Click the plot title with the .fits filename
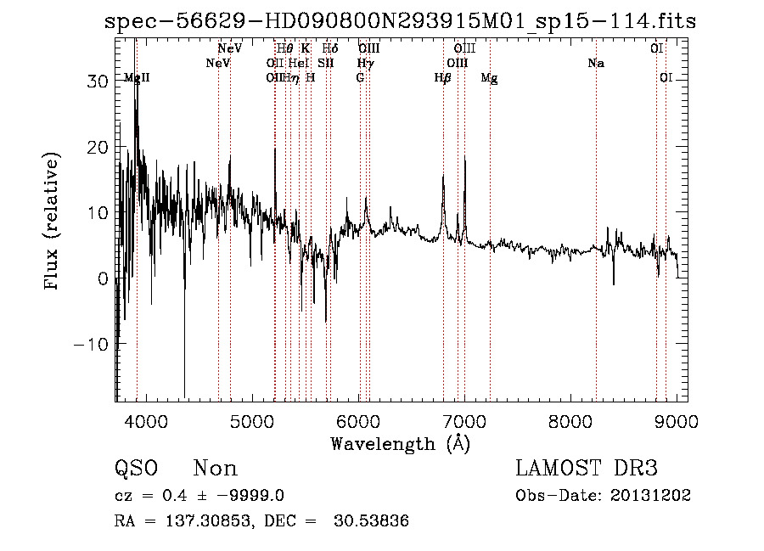coord(400,22)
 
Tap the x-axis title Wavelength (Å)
coord(400,443)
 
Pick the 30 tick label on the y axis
coord(97,82)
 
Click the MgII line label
coord(137,78)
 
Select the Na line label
coord(596,64)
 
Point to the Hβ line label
coord(442,78)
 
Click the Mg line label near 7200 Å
coord(489,78)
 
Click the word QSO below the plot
coord(135,469)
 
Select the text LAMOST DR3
coord(587,469)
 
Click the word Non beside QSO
coord(216,469)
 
